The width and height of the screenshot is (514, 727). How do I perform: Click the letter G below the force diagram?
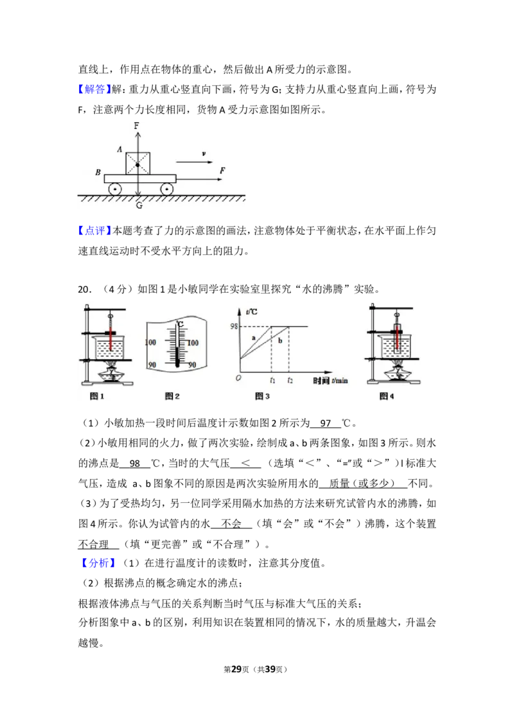(139, 205)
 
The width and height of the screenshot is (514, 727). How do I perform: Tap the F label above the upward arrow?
(136, 126)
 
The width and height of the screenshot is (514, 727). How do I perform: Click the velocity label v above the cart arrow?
(204, 154)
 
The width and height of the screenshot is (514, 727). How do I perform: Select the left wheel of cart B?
(114, 189)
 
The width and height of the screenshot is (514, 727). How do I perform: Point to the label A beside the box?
(120, 149)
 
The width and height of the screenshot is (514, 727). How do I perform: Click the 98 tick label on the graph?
(234, 326)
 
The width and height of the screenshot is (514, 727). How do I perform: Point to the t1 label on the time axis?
(272, 381)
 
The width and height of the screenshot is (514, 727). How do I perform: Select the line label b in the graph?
(280, 341)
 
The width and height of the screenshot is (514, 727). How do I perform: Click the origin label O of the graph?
(238, 378)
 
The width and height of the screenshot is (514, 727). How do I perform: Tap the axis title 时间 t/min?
(330, 381)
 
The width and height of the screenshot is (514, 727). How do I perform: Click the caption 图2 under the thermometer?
(172, 396)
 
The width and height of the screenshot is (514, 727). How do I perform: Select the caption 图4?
(386, 396)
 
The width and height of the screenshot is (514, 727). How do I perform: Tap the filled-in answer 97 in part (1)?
(325, 423)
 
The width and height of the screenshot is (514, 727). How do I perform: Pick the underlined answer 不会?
(231, 524)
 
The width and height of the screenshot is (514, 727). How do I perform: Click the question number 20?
(85, 290)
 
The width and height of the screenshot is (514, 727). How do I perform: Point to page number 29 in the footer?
(236, 669)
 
